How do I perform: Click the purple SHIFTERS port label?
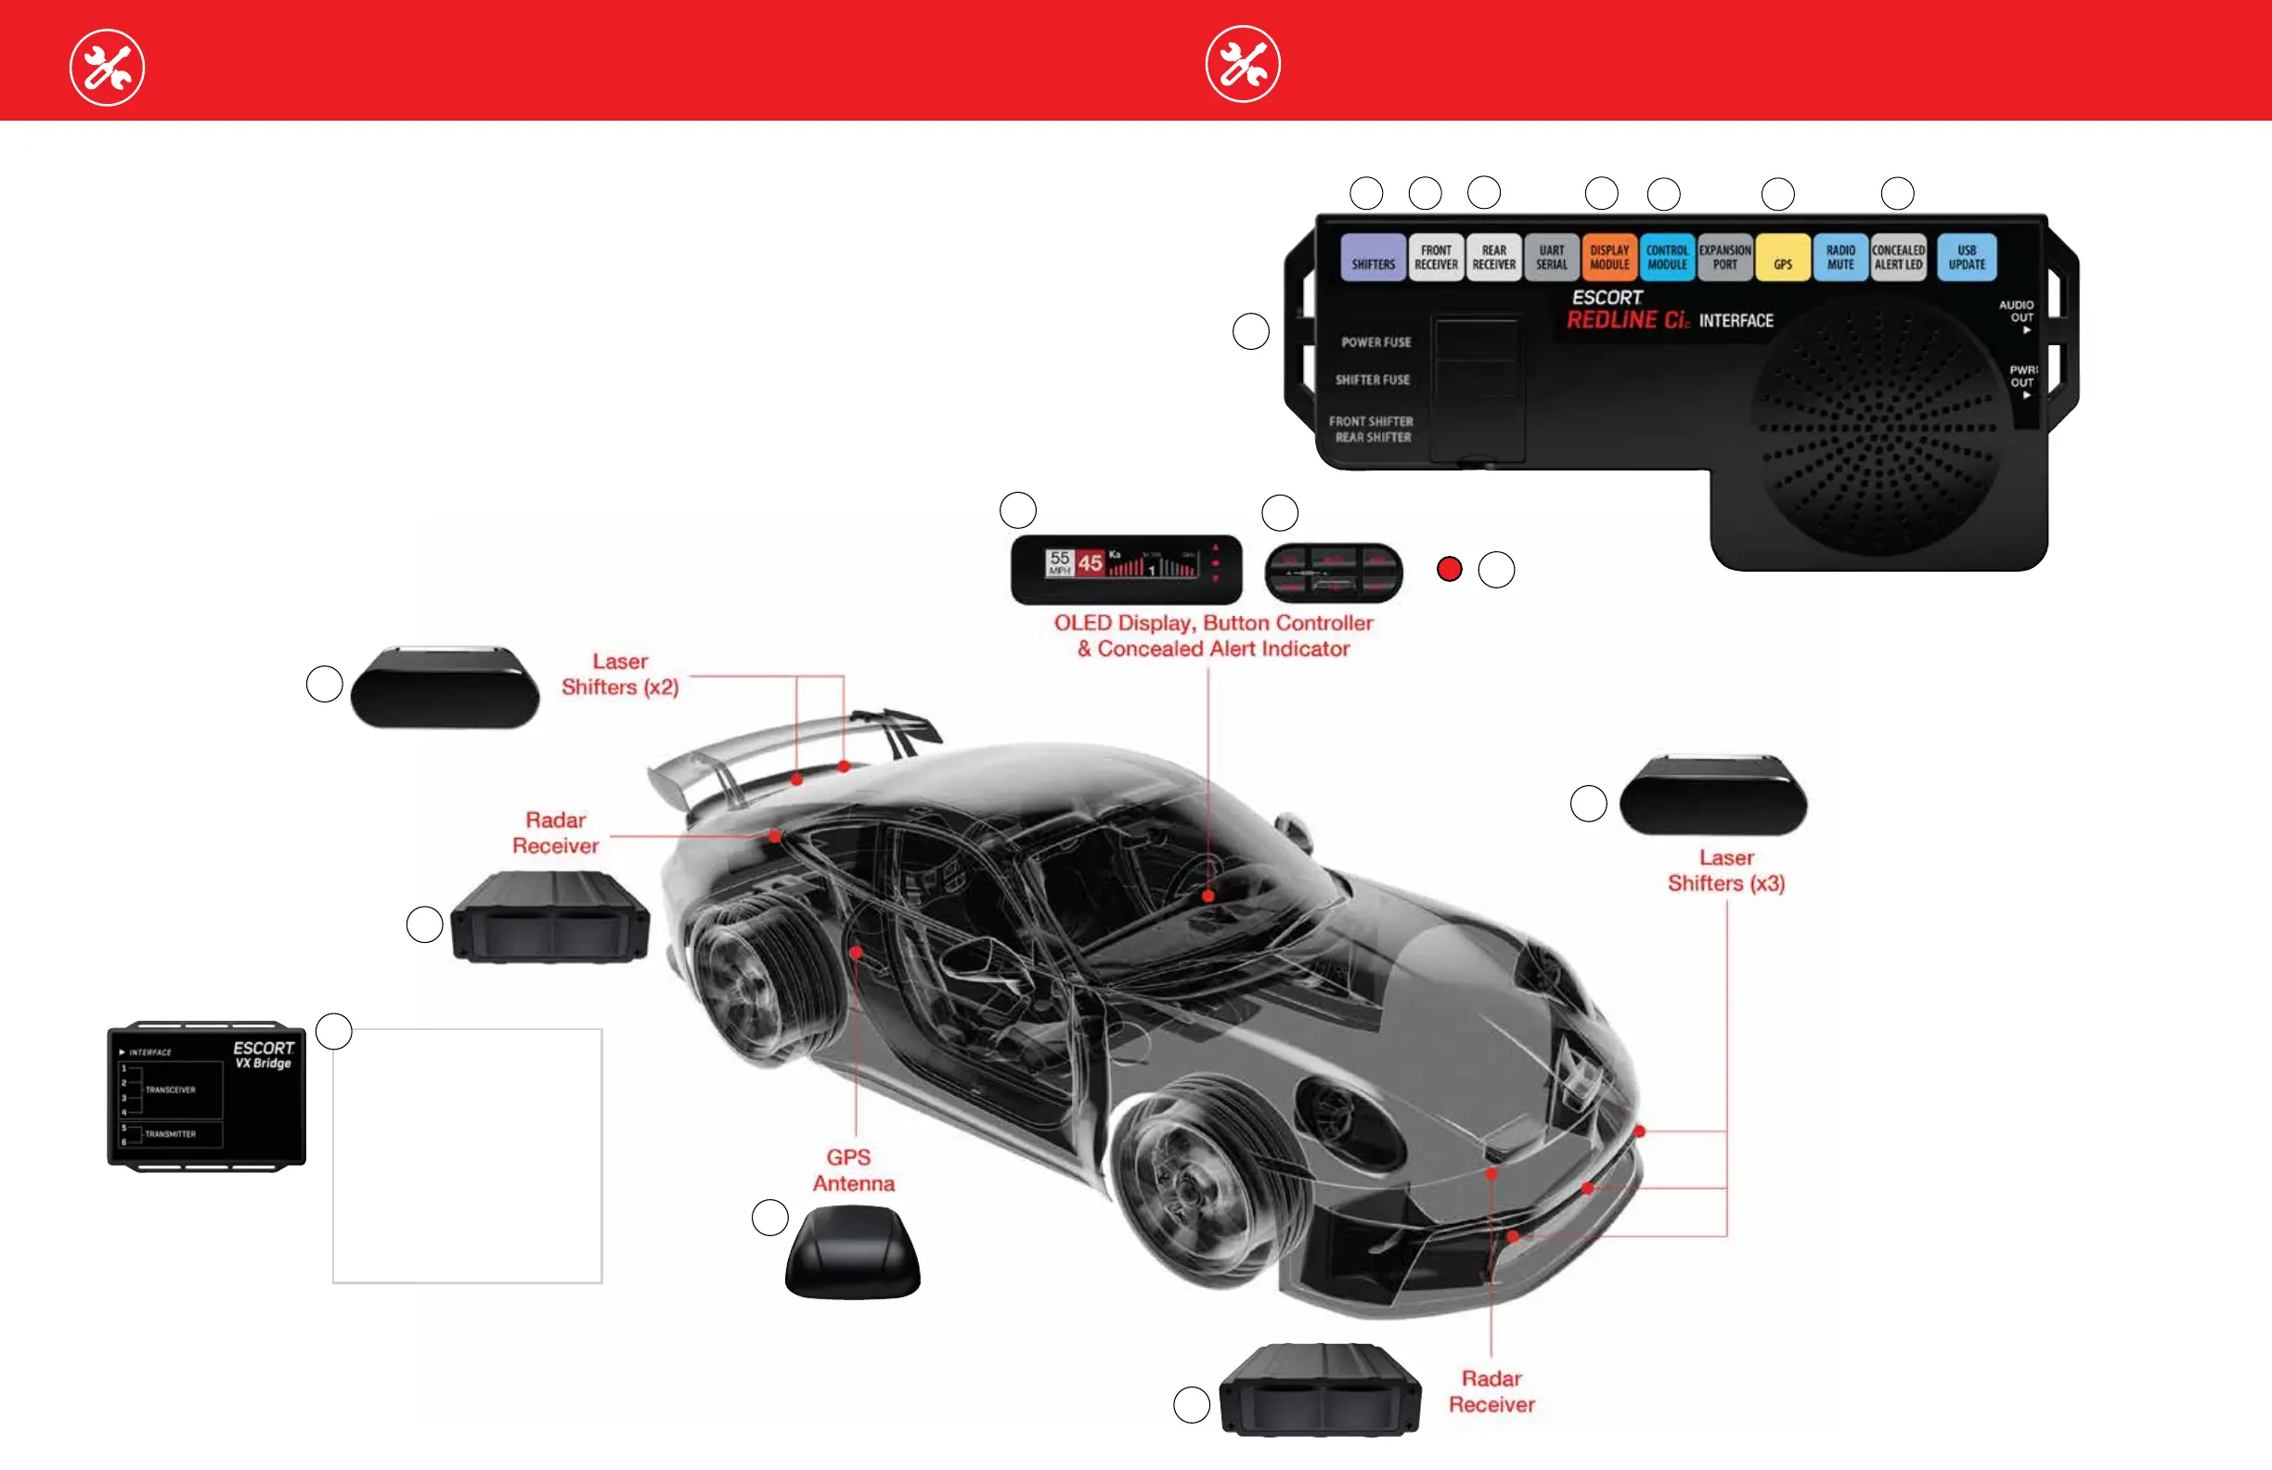click(1373, 258)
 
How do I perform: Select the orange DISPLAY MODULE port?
click(1609, 258)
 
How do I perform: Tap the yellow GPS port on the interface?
click(1782, 259)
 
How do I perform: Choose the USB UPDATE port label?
click(1967, 258)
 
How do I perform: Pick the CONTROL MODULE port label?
click(1667, 258)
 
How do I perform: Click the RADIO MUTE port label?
click(1840, 258)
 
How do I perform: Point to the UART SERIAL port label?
click(1551, 258)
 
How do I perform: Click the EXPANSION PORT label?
click(1725, 258)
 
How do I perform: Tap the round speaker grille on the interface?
click(1877, 426)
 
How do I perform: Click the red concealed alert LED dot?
click(1449, 570)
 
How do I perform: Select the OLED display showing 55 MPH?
click(1127, 569)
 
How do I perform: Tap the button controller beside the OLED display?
click(1334, 573)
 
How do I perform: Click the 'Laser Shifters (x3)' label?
click(1726, 870)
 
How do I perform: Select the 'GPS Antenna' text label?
click(853, 1170)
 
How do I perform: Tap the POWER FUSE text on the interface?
click(1375, 342)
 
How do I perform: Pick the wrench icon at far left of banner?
click(107, 68)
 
